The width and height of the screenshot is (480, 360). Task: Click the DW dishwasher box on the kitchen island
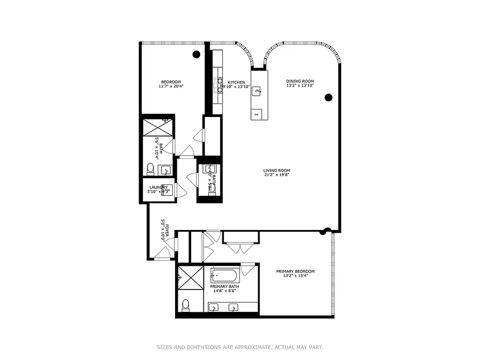click(256, 114)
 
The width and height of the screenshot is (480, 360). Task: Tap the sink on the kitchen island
click(257, 91)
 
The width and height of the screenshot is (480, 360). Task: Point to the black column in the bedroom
click(196, 54)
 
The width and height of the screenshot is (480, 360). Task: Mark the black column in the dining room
click(328, 97)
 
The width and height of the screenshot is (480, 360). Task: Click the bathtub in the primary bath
click(227, 274)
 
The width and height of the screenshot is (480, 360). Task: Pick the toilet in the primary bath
click(185, 306)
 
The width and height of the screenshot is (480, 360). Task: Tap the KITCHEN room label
click(236, 82)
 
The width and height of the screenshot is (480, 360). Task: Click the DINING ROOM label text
click(300, 81)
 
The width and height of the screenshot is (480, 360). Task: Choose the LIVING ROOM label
click(277, 171)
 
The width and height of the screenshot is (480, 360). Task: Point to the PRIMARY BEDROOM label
click(295, 271)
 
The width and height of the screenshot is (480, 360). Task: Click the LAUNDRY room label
click(158, 187)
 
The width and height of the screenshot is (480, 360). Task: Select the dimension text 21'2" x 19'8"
click(277, 175)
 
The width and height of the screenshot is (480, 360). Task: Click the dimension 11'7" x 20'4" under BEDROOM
click(171, 86)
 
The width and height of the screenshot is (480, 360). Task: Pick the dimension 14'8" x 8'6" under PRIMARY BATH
click(224, 291)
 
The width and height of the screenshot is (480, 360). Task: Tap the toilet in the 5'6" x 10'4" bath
click(151, 169)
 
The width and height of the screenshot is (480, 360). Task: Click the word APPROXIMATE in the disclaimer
click(253, 347)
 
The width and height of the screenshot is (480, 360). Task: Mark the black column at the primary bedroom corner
click(323, 232)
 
